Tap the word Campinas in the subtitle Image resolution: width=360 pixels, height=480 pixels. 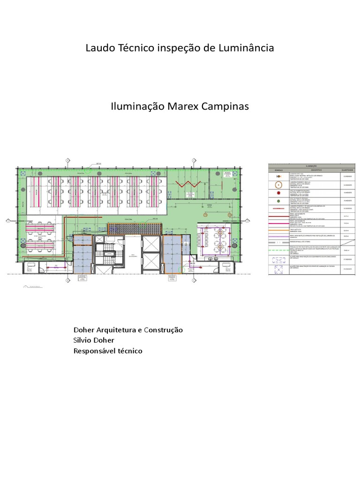click(225, 106)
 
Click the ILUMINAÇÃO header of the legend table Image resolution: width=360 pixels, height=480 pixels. click(311, 165)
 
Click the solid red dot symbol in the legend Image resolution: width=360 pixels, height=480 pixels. click(278, 192)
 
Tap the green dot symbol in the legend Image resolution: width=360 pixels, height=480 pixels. click(278, 200)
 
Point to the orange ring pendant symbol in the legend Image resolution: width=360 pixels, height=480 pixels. click(278, 184)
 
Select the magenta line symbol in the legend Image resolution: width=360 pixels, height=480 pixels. click(278, 223)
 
